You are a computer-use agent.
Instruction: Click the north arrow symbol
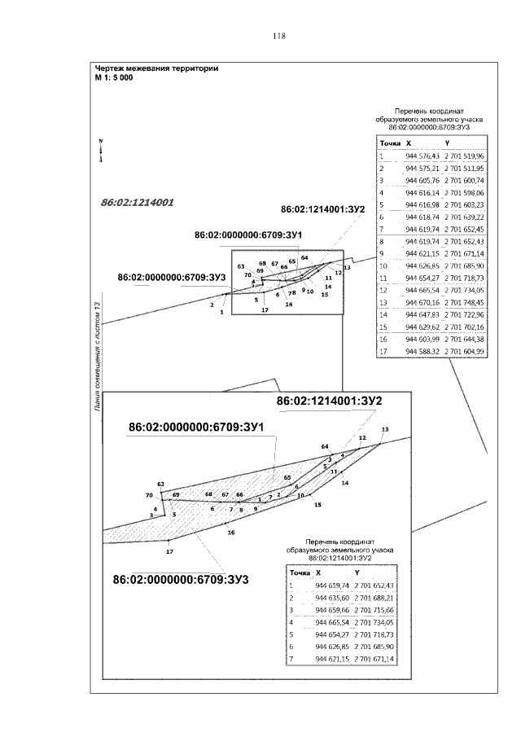tap(99, 151)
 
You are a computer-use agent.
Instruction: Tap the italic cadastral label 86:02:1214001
tap(138, 200)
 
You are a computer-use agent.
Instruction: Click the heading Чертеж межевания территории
tap(156, 68)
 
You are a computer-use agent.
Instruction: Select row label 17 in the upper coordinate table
tap(382, 351)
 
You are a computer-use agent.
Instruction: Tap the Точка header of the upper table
tap(391, 143)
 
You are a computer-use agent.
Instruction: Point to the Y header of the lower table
tap(356, 573)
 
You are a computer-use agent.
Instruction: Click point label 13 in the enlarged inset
tap(385, 429)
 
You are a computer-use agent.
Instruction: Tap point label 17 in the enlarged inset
tap(169, 552)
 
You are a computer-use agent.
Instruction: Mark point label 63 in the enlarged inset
tap(161, 485)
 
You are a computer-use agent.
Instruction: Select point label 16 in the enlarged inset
tap(231, 532)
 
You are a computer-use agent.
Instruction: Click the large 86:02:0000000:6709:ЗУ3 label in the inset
tap(181, 580)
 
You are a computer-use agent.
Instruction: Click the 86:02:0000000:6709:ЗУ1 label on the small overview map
tap(248, 235)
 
